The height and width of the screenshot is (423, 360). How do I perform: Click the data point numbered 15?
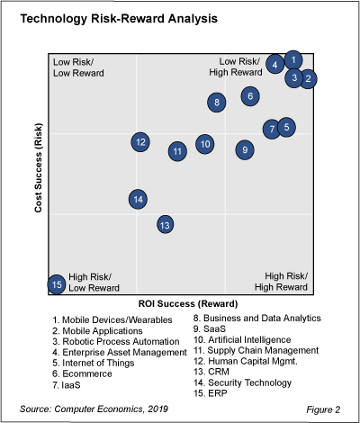pos(57,284)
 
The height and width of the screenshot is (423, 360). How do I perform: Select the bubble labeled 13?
pos(165,224)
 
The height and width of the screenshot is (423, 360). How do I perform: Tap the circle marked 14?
pos(138,199)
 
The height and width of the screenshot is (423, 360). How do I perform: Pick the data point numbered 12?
pos(139,141)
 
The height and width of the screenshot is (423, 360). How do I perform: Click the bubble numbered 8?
pos(217,103)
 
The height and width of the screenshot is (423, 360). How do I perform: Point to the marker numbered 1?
pos(293,60)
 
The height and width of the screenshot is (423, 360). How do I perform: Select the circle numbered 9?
pos(245,149)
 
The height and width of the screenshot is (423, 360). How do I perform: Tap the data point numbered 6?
pos(251,95)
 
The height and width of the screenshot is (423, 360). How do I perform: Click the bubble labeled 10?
pos(205,143)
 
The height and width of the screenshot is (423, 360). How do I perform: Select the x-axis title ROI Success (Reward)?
pos(180,304)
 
